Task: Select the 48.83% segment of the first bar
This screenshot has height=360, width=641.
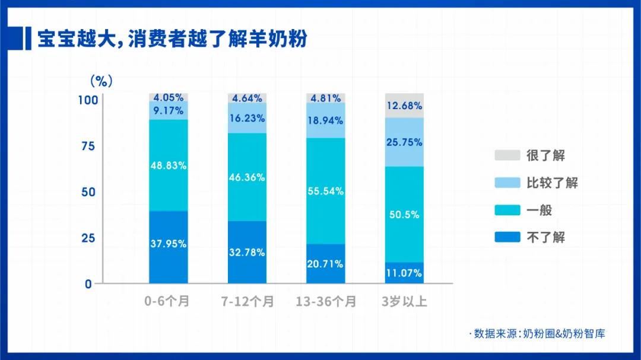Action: (169, 165)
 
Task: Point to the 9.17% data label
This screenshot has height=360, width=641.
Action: (169, 110)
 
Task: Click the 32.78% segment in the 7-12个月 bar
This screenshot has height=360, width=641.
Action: (247, 252)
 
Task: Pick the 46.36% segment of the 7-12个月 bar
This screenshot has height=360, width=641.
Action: (247, 177)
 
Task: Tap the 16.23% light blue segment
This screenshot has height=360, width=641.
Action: (247, 118)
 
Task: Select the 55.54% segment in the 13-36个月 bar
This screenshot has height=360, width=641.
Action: (325, 191)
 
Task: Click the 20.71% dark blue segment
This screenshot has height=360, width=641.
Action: (325, 264)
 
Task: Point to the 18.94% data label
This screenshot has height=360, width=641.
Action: (325, 121)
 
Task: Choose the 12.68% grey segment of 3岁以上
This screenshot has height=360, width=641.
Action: (404, 106)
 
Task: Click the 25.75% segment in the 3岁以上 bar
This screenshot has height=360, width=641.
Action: (404, 142)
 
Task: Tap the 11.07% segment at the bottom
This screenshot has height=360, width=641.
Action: (404, 273)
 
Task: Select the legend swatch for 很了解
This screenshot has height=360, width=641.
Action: (507, 155)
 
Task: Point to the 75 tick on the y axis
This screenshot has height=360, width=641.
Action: (87, 146)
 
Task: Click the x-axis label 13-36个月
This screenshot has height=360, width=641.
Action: (326, 302)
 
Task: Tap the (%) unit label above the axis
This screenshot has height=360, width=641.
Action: (101, 81)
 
